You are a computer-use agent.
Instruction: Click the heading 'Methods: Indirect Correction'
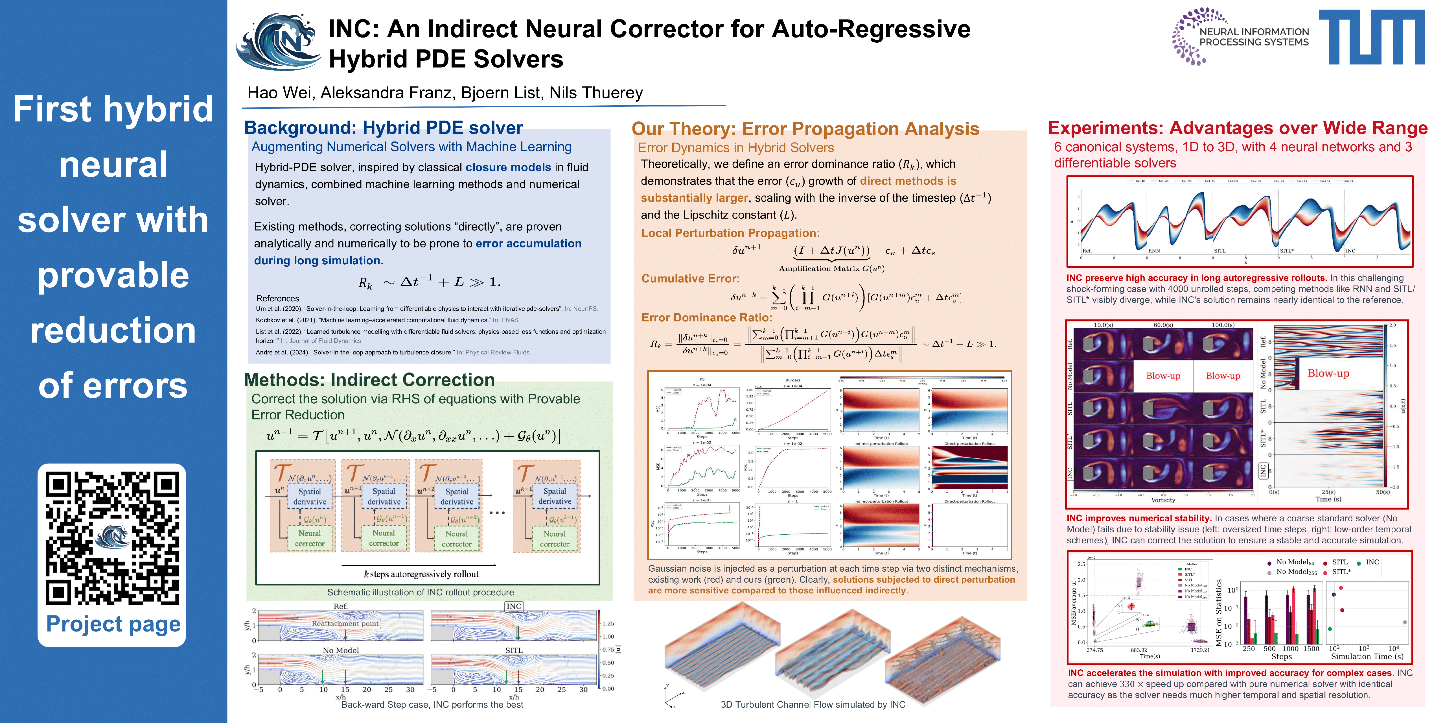tap(369, 380)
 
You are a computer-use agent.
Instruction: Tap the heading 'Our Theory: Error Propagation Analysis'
tap(805, 129)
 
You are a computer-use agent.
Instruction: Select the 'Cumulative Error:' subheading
tap(690, 278)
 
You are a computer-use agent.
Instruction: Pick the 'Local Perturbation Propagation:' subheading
tap(730, 233)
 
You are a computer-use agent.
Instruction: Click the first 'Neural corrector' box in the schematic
tap(310, 538)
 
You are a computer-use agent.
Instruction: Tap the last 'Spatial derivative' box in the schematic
tap(554, 496)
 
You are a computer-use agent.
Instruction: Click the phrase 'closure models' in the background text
tap(508, 167)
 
